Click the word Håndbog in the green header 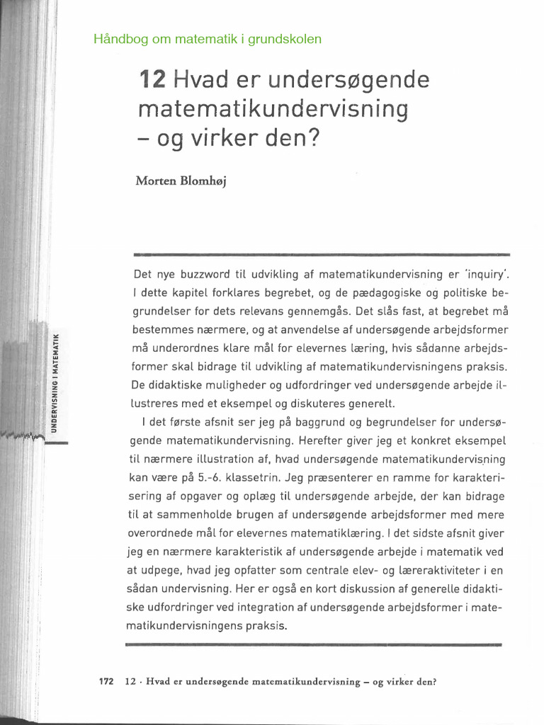click(x=116, y=39)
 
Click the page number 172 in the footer click(x=106, y=683)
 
